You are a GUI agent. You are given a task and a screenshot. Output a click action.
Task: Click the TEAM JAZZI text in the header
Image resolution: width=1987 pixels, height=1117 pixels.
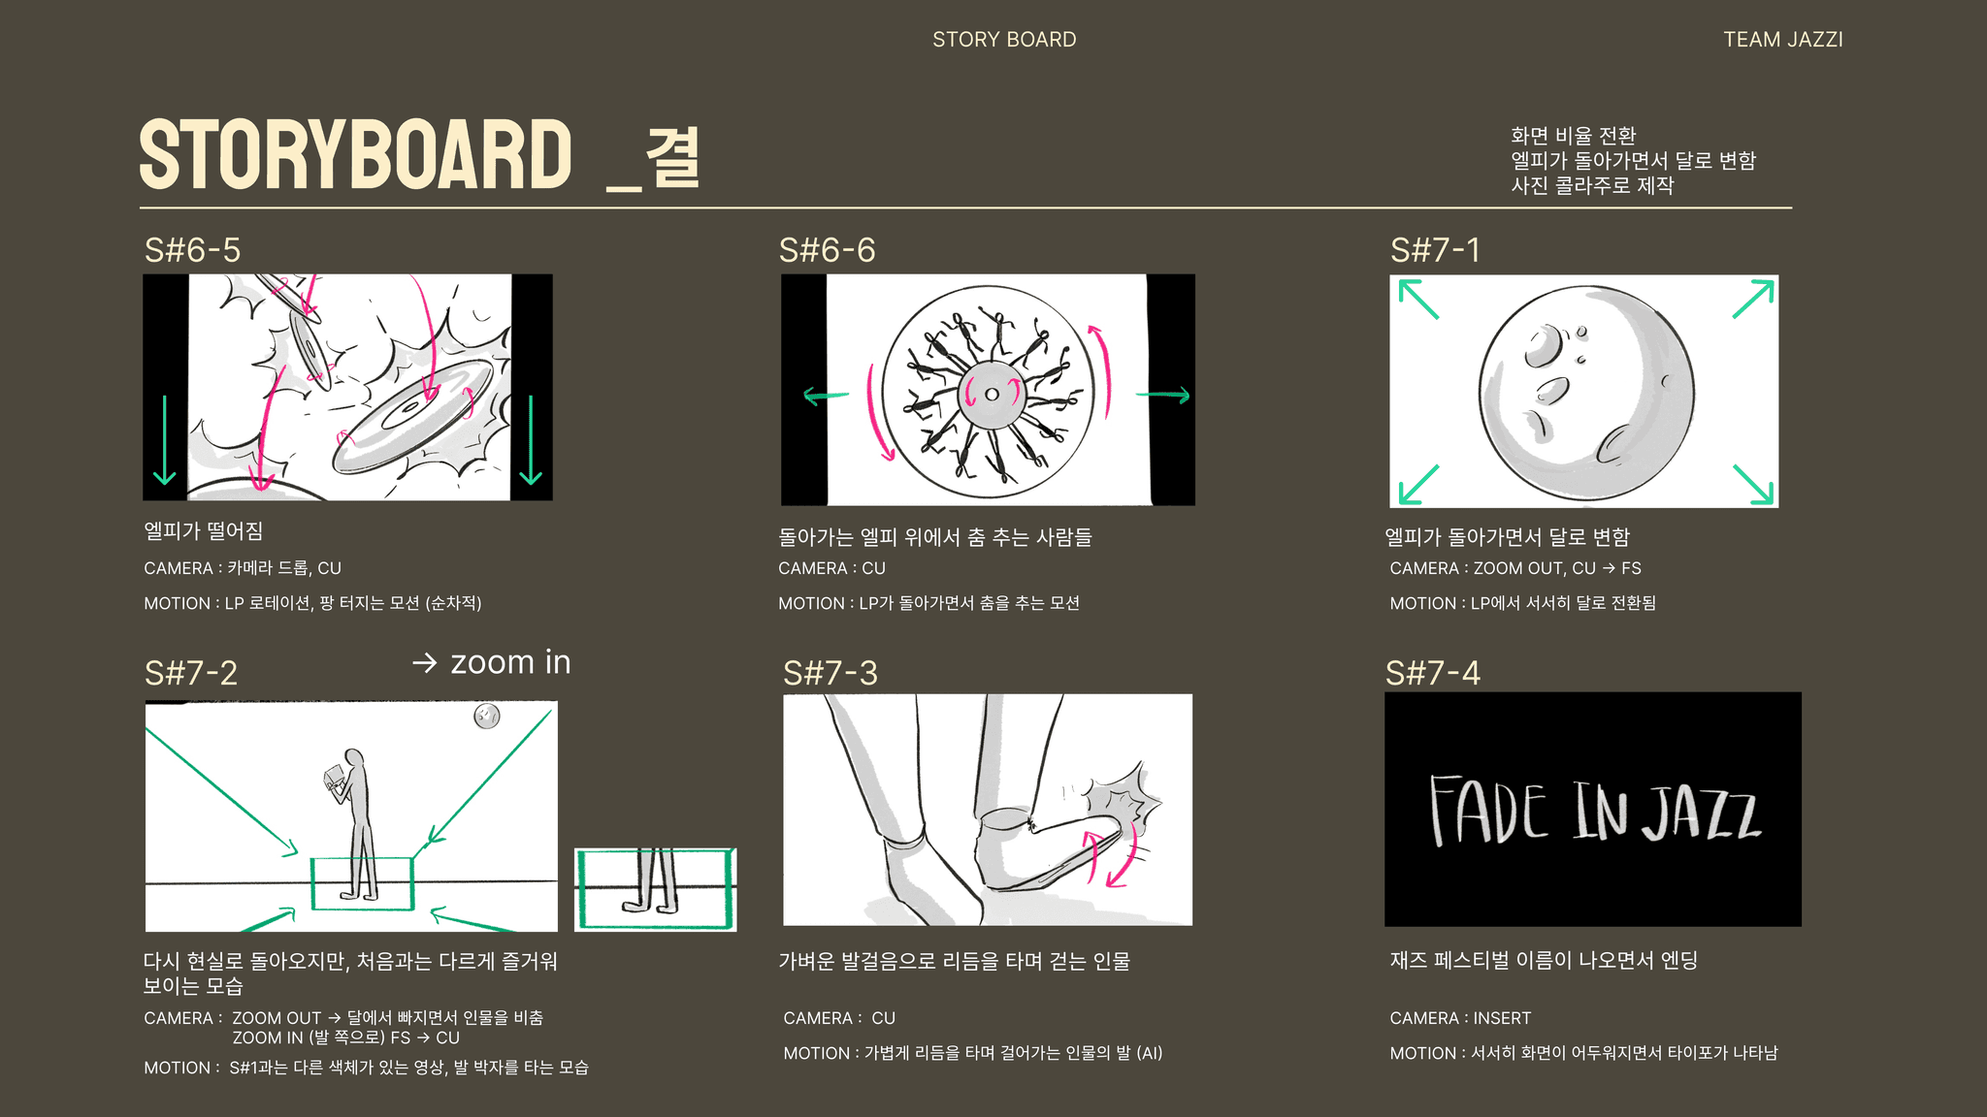click(x=1782, y=40)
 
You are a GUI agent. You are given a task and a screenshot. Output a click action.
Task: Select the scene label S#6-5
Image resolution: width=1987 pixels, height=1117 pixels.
click(x=192, y=250)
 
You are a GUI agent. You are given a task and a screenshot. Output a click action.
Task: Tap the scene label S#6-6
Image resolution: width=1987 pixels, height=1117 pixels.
click(x=827, y=250)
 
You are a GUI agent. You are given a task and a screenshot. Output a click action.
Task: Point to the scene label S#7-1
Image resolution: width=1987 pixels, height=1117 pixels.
click(x=1435, y=250)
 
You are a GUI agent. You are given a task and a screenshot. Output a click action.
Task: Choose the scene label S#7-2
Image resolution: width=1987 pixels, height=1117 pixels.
click(x=191, y=673)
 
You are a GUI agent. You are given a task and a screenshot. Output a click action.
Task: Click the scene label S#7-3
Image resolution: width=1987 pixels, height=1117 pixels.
click(x=831, y=673)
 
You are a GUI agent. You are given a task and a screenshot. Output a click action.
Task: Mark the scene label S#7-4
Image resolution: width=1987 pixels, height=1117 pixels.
click(x=1433, y=673)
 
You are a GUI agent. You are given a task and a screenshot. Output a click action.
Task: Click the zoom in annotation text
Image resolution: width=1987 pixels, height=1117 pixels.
click(x=510, y=662)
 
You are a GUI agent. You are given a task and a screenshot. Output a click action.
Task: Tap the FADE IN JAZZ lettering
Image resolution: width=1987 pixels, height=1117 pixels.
click(x=1594, y=810)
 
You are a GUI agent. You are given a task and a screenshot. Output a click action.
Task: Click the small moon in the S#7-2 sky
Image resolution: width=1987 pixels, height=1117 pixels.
click(x=486, y=717)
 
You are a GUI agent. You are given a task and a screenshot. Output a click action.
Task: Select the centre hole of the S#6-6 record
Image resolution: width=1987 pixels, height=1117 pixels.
click(x=992, y=395)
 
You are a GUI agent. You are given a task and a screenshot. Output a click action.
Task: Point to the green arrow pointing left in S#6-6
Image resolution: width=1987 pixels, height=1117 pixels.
click(x=826, y=396)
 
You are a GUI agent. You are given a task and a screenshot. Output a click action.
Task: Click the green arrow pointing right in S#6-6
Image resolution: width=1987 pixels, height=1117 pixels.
click(x=1162, y=395)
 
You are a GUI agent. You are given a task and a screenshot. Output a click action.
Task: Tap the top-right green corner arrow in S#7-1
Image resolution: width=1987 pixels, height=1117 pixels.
click(x=1754, y=299)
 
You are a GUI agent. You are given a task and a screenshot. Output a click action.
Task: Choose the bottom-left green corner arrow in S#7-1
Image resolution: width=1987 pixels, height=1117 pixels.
click(x=1418, y=485)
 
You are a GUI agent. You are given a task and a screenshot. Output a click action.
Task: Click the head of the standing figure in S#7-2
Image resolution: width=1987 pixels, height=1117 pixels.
click(x=354, y=759)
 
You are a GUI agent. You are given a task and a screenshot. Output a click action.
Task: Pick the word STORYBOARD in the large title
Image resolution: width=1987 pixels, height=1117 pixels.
click(x=356, y=155)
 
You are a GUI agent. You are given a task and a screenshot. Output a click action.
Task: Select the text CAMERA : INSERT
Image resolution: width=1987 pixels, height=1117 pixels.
click(x=1460, y=1018)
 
